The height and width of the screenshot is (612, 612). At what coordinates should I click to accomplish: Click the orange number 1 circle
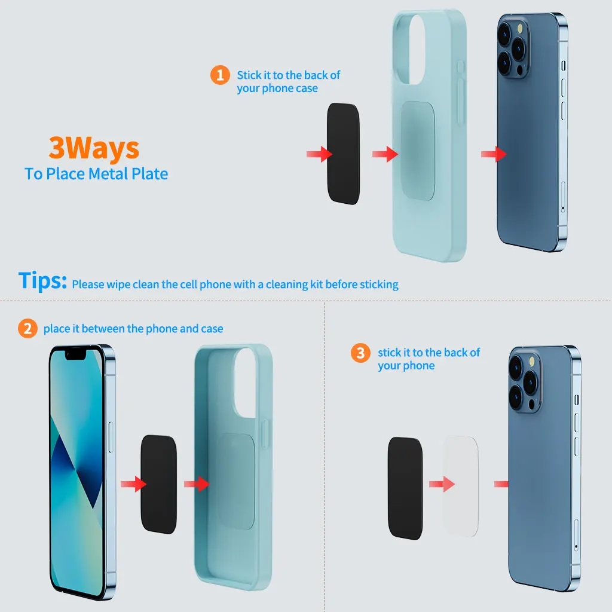click(x=220, y=75)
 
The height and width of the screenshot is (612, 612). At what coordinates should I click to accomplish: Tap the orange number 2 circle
click(x=27, y=329)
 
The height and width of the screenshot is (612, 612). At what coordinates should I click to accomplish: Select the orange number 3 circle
click(x=360, y=353)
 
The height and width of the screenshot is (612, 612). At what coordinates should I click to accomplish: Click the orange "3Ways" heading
click(x=94, y=148)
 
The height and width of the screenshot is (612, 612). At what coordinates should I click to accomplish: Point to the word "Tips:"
click(x=42, y=280)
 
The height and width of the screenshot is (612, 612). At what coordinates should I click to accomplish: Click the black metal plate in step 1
click(x=343, y=154)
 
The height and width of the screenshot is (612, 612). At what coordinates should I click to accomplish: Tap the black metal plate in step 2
click(x=158, y=484)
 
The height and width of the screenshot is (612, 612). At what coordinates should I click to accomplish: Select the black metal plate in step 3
click(x=406, y=488)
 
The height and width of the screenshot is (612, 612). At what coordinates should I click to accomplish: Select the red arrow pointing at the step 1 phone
click(x=494, y=154)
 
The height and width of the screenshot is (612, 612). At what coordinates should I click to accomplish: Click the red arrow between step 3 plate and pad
click(x=442, y=484)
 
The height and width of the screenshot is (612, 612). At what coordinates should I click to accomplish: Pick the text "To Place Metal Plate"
click(x=96, y=174)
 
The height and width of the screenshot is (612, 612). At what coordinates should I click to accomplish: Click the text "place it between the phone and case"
click(x=133, y=329)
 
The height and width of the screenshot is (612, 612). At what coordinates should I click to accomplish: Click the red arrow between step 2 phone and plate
click(x=133, y=484)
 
